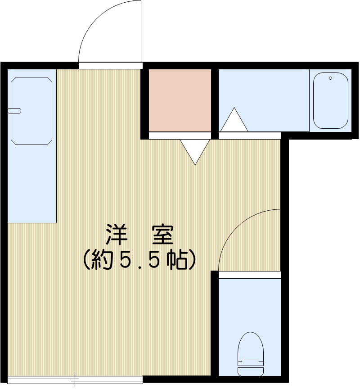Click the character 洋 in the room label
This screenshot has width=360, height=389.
116,235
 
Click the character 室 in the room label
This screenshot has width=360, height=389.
162,235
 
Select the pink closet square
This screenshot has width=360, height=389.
180,100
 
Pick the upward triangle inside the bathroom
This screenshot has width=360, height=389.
234,121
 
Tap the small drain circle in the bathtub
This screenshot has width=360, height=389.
330,78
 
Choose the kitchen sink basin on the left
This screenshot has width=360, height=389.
31,111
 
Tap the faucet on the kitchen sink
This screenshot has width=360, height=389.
14,110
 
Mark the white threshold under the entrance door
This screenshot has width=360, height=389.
110,65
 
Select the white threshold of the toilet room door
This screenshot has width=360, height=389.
250,275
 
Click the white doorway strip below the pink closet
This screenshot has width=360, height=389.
180,135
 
